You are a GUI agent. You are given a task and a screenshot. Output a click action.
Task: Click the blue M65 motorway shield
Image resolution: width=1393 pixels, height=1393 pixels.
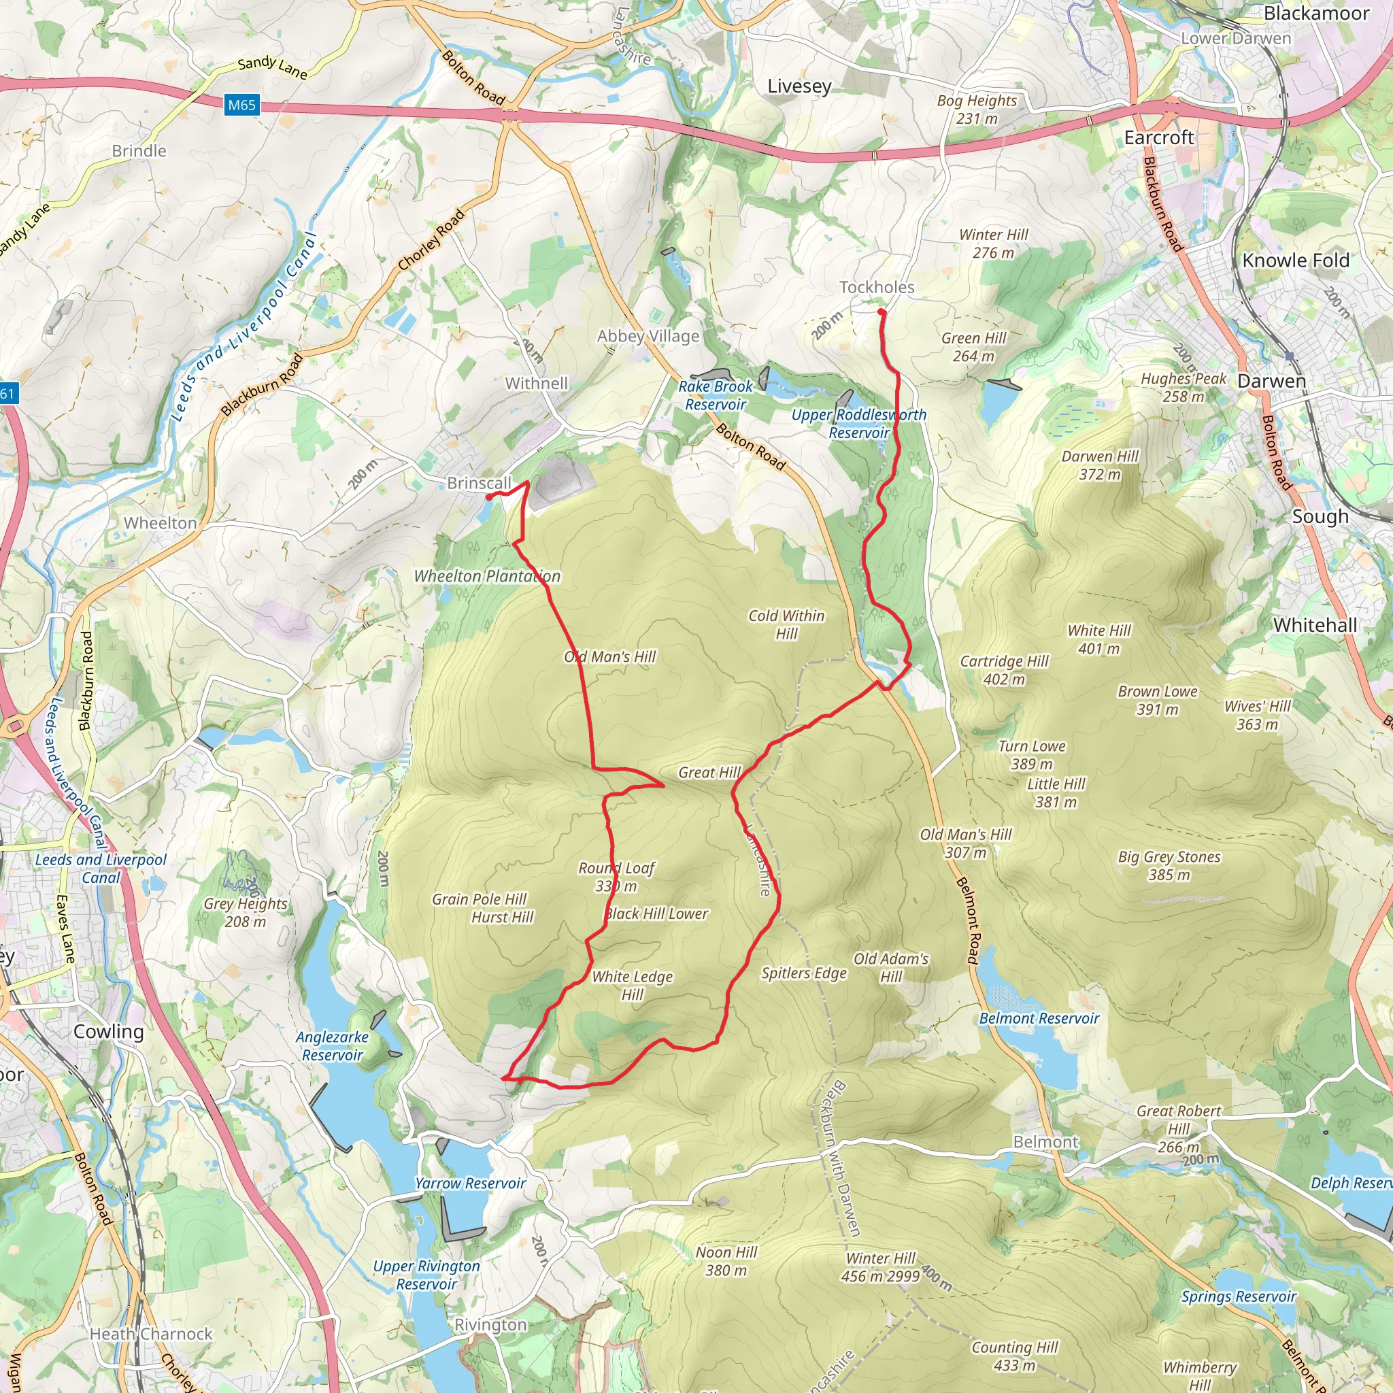pos(241,105)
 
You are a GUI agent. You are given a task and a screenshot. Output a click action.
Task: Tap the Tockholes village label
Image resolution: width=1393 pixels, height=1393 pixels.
pos(877,287)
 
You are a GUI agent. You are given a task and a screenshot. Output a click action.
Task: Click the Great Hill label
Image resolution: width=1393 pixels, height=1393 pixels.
pos(709,772)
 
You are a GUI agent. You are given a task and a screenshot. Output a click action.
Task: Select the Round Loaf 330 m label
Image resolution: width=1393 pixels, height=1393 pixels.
pos(616,877)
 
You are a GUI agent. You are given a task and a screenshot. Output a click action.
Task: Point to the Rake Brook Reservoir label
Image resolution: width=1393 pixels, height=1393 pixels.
pos(716,395)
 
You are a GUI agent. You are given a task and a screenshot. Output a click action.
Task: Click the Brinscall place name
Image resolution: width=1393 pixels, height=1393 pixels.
pos(479,483)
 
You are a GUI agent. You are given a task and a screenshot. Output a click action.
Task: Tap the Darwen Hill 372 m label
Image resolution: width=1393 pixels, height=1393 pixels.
pos(1100,465)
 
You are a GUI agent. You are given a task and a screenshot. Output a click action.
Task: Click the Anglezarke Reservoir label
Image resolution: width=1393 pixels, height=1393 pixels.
pos(333,1045)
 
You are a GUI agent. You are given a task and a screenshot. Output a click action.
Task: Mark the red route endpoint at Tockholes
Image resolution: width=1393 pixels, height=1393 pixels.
pos(881,312)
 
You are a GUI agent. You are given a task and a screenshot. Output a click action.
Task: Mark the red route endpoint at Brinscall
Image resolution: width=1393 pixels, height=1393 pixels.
pos(489,497)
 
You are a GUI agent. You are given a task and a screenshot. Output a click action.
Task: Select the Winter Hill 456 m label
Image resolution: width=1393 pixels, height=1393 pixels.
pos(880,1266)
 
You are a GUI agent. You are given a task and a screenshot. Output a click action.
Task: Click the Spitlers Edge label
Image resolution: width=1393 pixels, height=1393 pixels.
pos(804,973)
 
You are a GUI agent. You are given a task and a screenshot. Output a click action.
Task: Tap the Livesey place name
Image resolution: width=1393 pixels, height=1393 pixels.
pos(799,86)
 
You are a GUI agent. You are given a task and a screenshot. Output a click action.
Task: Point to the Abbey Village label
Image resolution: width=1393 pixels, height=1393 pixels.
pos(648,336)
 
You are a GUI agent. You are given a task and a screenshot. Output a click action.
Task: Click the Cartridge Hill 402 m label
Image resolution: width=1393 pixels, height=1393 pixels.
pos(1005,670)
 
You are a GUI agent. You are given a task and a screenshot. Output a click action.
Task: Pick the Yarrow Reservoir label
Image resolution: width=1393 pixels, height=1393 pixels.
pos(470,1184)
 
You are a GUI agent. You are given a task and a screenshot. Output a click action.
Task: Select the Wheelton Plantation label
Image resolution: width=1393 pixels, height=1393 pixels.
pos(487,576)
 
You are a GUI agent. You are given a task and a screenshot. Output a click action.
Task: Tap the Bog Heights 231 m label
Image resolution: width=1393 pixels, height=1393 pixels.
pos(977,110)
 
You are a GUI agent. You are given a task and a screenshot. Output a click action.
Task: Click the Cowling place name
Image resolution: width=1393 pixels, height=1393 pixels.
pos(109,1032)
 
